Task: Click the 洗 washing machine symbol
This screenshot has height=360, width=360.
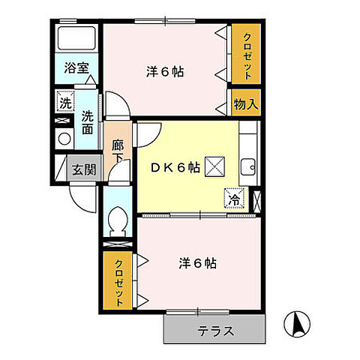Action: coord(64,103)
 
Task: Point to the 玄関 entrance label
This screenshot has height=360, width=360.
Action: coord(83,169)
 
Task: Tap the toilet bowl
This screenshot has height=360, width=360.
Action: coord(117,220)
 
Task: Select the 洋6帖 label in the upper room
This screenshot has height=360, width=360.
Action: coord(165,73)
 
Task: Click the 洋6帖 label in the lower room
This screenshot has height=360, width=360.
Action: coord(198,263)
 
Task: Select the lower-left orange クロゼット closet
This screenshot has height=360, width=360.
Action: coord(119,280)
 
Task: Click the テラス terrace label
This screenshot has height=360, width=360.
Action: coord(216,330)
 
